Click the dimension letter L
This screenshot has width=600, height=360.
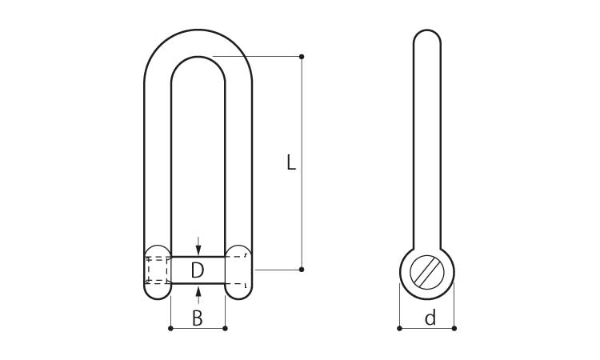291,162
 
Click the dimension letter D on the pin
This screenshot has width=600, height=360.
198,270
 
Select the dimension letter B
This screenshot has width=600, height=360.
197,318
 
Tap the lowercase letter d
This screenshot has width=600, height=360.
430,318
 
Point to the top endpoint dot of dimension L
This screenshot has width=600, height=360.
302,57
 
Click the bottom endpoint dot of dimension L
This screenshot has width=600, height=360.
302,270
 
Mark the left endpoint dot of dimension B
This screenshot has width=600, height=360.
170,328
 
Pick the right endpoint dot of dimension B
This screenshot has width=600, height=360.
225,328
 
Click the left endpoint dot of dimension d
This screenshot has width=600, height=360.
399,328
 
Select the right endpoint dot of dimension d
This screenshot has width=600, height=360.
454,328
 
